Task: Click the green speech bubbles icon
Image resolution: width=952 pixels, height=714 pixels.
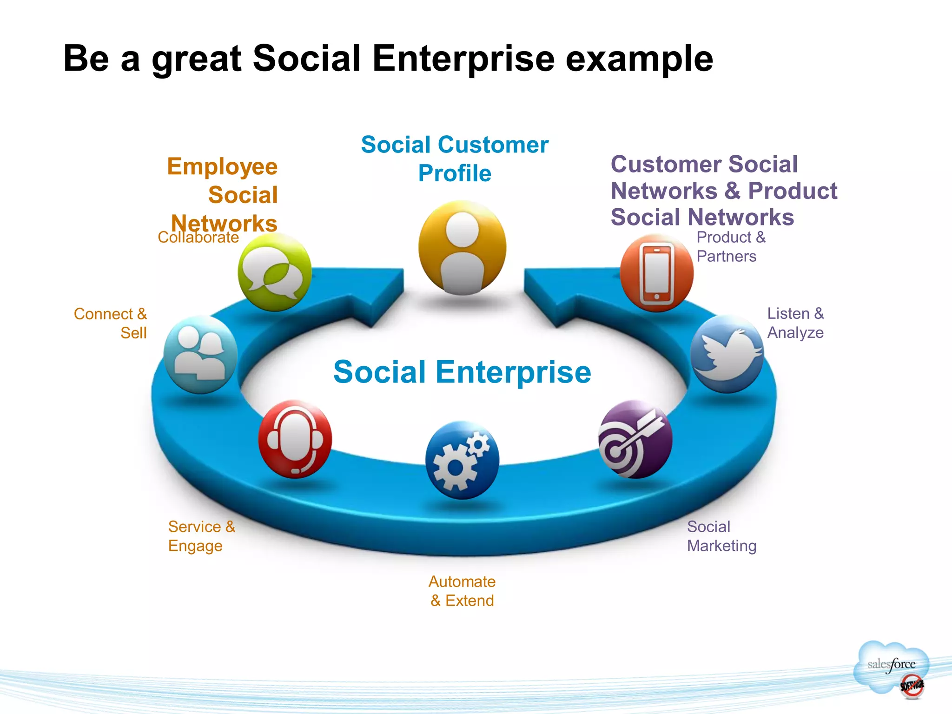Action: (x=274, y=272)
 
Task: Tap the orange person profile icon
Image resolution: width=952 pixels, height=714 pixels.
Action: (x=462, y=248)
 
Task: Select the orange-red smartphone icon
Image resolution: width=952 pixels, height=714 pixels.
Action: (x=656, y=273)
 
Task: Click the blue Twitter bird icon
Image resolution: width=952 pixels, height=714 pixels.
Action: (x=727, y=354)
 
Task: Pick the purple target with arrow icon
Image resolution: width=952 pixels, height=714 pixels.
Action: (x=635, y=439)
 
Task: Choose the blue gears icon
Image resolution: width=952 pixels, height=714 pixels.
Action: (x=462, y=460)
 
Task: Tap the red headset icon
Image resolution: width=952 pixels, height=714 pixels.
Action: (x=295, y=439)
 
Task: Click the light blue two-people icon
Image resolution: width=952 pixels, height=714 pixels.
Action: (x=201, y=355)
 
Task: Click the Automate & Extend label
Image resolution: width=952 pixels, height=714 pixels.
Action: (x=462, y=591)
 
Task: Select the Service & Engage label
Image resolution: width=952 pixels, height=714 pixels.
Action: (x=202, y=536)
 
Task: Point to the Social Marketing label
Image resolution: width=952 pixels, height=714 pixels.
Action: (x=721, y=536)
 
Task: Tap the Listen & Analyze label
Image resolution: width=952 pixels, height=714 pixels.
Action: (x=795, y=323)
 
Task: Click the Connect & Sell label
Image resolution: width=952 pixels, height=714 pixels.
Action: (x=111, y=323)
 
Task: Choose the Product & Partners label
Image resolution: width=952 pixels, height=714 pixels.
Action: (x=731, y=246)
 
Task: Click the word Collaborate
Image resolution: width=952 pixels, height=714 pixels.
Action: (x=198, y=238)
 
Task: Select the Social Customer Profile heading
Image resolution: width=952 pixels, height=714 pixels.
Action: (x=455, y=159)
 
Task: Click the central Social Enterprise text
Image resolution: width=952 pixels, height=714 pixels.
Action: (x=462, y=372)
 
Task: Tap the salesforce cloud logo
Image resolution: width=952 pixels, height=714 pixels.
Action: (x=891, y=667)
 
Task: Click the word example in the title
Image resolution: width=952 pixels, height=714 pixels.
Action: (x=639, y=59)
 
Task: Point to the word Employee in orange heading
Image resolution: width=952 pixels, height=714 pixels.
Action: (x=222, y=166)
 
